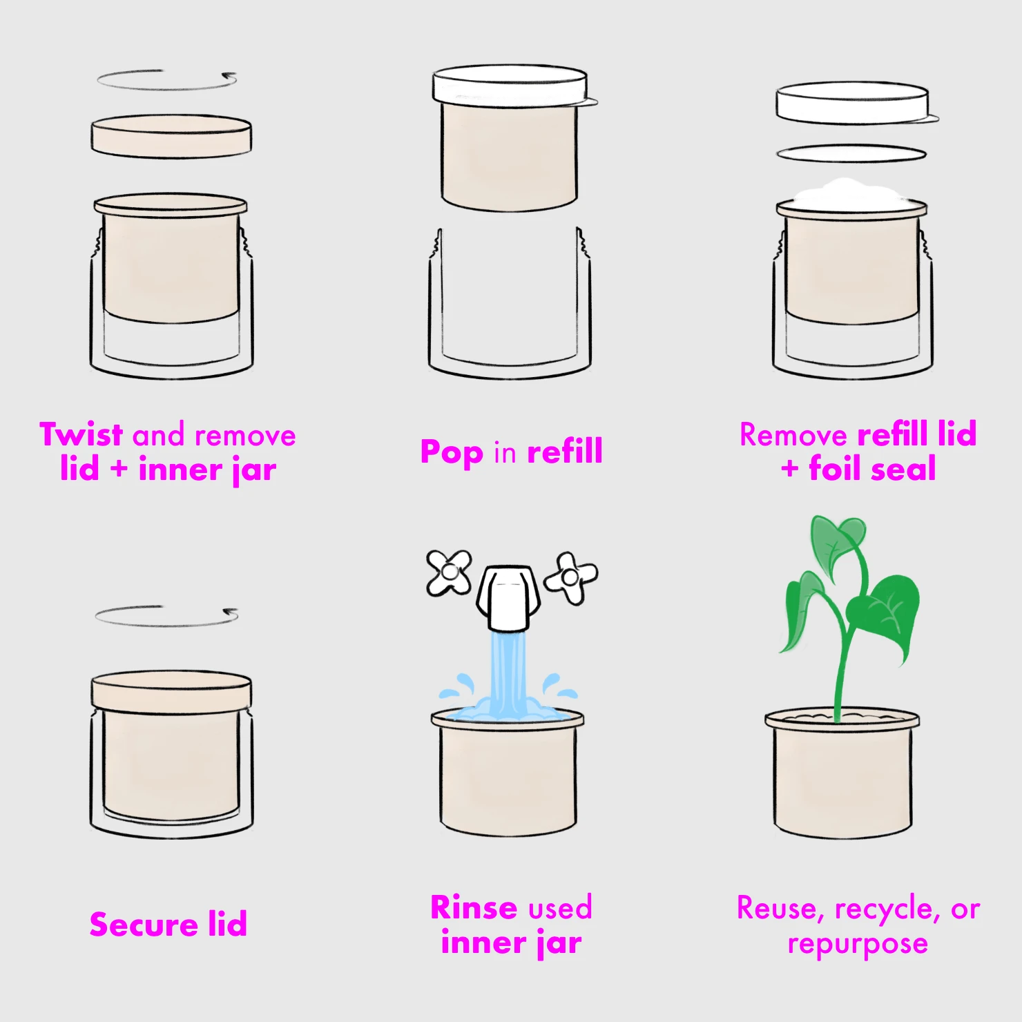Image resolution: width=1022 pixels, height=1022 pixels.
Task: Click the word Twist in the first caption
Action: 81,435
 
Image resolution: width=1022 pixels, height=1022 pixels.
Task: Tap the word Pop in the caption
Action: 452,453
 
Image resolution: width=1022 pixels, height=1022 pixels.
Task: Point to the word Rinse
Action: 473,908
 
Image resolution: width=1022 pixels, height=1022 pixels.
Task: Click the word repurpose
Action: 858,944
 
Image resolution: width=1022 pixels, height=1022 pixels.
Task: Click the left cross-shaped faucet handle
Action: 449,572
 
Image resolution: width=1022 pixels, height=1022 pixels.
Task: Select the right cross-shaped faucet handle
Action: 571,577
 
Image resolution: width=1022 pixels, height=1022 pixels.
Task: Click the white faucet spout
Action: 508,598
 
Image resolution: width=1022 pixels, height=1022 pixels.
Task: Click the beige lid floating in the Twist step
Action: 171,136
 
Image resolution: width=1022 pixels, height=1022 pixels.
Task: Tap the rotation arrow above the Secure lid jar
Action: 166,616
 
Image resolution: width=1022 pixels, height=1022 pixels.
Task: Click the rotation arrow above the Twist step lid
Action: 166,80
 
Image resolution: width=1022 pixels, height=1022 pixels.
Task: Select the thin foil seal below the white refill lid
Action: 851,154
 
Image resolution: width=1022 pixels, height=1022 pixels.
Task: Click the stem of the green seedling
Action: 841,663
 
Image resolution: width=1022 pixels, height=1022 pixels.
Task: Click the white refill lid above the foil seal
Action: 852,103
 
